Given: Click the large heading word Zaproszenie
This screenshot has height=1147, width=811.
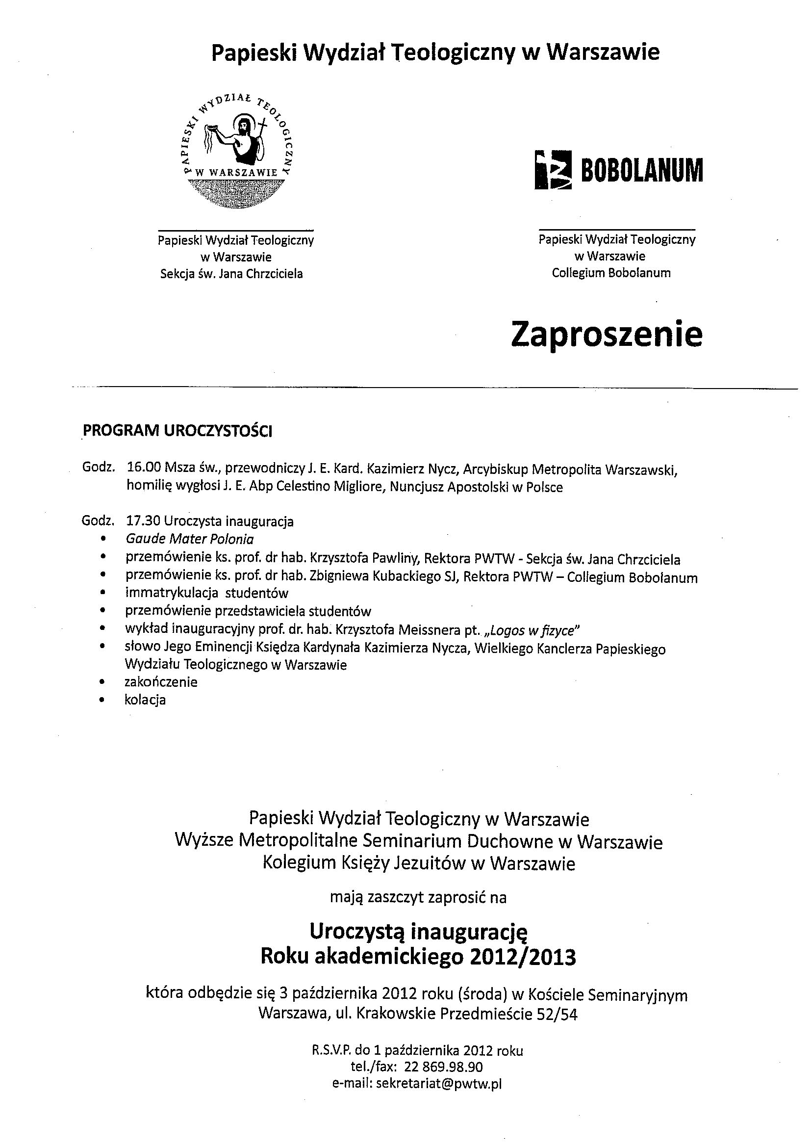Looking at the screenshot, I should pyautogui.click(x=606, y=335).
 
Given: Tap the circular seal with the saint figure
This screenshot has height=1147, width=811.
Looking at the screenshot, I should pyautogui.click(x=237, y=150).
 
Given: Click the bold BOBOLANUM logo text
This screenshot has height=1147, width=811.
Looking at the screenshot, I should pyautogui.click(x=641, y=170).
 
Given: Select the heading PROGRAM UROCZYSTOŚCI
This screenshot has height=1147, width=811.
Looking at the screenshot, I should pyautogui.click(x=177, y=431).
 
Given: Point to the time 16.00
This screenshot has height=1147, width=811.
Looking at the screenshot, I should pyautogui.click(x=143, y=469).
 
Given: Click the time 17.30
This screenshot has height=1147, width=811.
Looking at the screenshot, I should pyautogui.click(x=143, y=521).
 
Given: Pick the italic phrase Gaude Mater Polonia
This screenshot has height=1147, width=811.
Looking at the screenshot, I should pyautogui.click(x=190, y=539).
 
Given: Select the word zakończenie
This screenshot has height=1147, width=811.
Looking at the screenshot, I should pyautogui.click(x=161, y=682).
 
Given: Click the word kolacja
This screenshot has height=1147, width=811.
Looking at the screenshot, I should pyautogui.click(x=145, y=700).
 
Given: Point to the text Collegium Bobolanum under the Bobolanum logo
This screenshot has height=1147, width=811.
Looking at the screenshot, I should pyautogui.click(x=611, y=273).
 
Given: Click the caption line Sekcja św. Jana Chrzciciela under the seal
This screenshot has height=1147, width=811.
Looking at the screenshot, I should pyautogui.click(x=231, y=274).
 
